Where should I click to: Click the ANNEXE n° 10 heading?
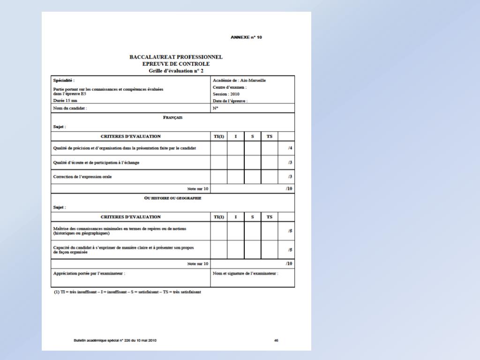point(246,37)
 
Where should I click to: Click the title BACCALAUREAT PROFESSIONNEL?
point(176,57)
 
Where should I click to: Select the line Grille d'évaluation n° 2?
point(176,70)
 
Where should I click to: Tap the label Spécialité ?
point(64,80)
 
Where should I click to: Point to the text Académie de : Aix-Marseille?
point(239,80)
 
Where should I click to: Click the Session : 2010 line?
point(226,94)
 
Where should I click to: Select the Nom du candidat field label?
point(70,108)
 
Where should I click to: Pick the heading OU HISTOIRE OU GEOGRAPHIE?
point(172,198)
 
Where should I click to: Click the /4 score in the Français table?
point(291,148)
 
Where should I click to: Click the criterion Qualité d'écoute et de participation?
point(96,162)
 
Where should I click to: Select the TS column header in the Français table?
point(270,136)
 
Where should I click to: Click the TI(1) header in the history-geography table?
point(219,217)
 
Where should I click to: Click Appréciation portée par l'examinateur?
point(90,273)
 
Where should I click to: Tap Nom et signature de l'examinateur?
point(245,273)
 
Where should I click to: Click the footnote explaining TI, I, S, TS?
point(127,292)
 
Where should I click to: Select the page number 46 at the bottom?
point(277,340)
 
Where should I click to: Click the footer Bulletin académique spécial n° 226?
point(115,340)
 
